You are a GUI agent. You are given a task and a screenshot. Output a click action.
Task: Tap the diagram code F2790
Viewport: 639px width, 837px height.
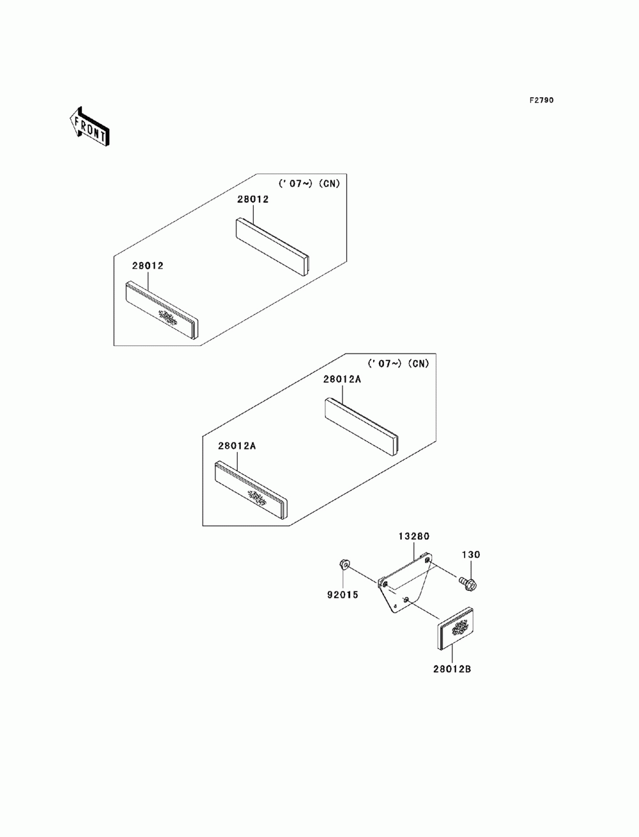[541, 100]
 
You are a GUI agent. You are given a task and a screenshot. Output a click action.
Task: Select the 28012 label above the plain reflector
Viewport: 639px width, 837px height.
[253, 199]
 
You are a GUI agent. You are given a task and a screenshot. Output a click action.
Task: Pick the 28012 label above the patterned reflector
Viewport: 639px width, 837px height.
[148, 265]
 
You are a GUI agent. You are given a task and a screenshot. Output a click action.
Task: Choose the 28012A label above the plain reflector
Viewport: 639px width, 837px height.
[342, 379]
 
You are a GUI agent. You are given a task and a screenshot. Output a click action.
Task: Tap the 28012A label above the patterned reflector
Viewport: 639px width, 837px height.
[236, 446]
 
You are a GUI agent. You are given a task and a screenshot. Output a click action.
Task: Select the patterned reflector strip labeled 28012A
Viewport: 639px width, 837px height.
[251, 490]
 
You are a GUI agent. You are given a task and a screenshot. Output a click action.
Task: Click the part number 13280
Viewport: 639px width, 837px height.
[414, 536]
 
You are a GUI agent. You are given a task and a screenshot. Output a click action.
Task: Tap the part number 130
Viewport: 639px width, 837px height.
[471, 555]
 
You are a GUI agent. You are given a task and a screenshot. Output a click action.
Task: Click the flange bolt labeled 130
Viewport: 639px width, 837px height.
[468, 582]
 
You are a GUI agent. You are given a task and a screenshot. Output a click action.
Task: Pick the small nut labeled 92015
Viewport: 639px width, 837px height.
[343, 564]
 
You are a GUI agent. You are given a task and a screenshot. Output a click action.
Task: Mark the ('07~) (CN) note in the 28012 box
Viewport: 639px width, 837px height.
[309, 184]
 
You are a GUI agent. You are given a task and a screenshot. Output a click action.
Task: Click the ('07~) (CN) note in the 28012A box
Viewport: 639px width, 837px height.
[399, 364]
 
